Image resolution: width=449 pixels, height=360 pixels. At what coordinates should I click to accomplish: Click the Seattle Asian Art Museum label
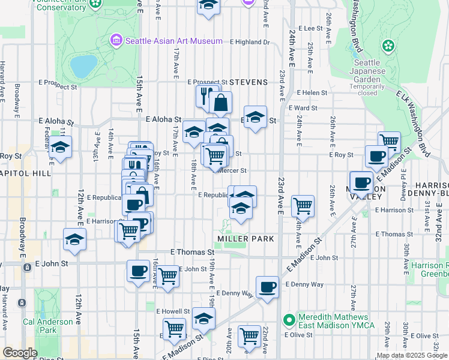click(166, 41)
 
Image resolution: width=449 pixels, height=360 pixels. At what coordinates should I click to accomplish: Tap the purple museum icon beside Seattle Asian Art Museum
click(115, 41)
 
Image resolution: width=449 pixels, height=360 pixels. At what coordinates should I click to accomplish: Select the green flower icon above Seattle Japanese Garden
click(388, 46)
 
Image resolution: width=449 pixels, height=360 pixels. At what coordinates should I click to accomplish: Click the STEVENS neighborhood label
click(248, 82)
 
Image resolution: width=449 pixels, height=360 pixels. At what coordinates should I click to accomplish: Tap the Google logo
click(20, 353)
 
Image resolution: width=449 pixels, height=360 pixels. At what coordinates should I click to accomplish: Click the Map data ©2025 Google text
click(412, 355)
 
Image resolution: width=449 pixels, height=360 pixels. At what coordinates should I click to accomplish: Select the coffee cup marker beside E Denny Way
click(267, 286)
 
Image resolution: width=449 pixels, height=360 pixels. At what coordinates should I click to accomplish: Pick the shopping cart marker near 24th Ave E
click(303, 205)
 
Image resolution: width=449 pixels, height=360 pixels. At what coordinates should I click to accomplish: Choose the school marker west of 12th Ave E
click(60, 146)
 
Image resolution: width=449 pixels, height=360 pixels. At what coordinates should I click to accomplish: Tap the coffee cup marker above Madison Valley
click(376, 156)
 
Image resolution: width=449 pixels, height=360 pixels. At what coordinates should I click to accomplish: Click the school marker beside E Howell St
click(204, 318)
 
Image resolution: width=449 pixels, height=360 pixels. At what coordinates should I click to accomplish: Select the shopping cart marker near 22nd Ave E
click(249, 335)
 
